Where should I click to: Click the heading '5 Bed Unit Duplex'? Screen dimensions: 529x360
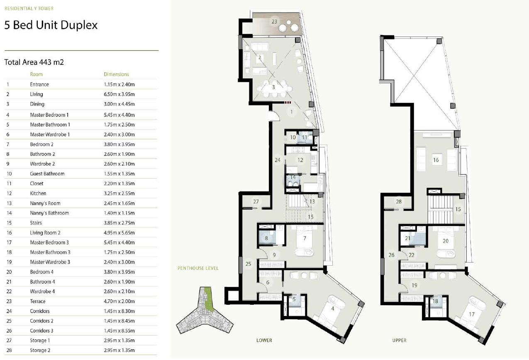51,25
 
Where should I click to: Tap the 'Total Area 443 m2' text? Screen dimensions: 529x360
34,62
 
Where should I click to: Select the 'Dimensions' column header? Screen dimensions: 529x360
117,74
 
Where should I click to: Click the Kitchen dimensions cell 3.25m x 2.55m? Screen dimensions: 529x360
119,193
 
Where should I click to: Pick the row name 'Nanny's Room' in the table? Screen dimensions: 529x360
45,203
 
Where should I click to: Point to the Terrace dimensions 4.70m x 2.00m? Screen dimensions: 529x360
119,301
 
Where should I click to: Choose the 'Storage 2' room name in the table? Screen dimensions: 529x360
40,350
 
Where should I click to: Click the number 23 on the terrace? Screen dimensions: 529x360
274,22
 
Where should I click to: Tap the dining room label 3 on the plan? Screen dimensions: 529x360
273,87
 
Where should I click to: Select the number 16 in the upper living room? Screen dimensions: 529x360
436,160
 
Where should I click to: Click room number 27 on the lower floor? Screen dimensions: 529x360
256,202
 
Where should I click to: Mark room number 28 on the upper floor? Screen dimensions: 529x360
399,202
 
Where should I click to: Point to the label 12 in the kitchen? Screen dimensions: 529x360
300,160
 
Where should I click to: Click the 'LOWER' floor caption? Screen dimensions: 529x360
264,340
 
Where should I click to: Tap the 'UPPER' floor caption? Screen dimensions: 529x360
400,340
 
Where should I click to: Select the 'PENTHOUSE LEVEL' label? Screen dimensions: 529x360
198,268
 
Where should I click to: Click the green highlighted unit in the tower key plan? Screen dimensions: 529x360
208,299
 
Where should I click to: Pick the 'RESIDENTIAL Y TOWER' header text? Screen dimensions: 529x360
29,8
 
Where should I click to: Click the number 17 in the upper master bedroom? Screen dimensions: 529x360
472,314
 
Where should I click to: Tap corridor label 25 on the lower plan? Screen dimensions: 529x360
248,264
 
